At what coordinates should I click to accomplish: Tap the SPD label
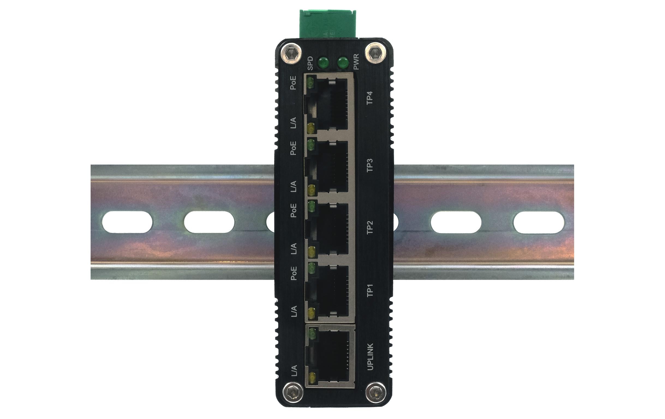[310, 63]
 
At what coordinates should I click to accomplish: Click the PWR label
[356, 62]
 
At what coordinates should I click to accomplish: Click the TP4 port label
[369, 98]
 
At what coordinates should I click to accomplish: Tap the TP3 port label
[369, 165]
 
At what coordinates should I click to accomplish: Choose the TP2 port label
[369, 228]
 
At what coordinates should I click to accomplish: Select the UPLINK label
[370, 356]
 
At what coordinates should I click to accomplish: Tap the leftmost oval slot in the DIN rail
[127, 222]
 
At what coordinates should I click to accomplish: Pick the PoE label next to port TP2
[293, 210]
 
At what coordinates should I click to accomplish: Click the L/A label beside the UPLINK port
[294, 371]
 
